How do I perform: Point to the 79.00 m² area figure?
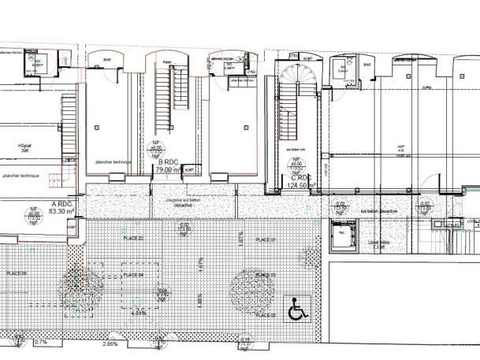point(168,168)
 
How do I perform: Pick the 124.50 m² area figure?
point(303,186)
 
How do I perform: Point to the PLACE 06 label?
point(17,273)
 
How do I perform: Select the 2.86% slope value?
point(110,344)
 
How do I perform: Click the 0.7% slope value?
point(41,343)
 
